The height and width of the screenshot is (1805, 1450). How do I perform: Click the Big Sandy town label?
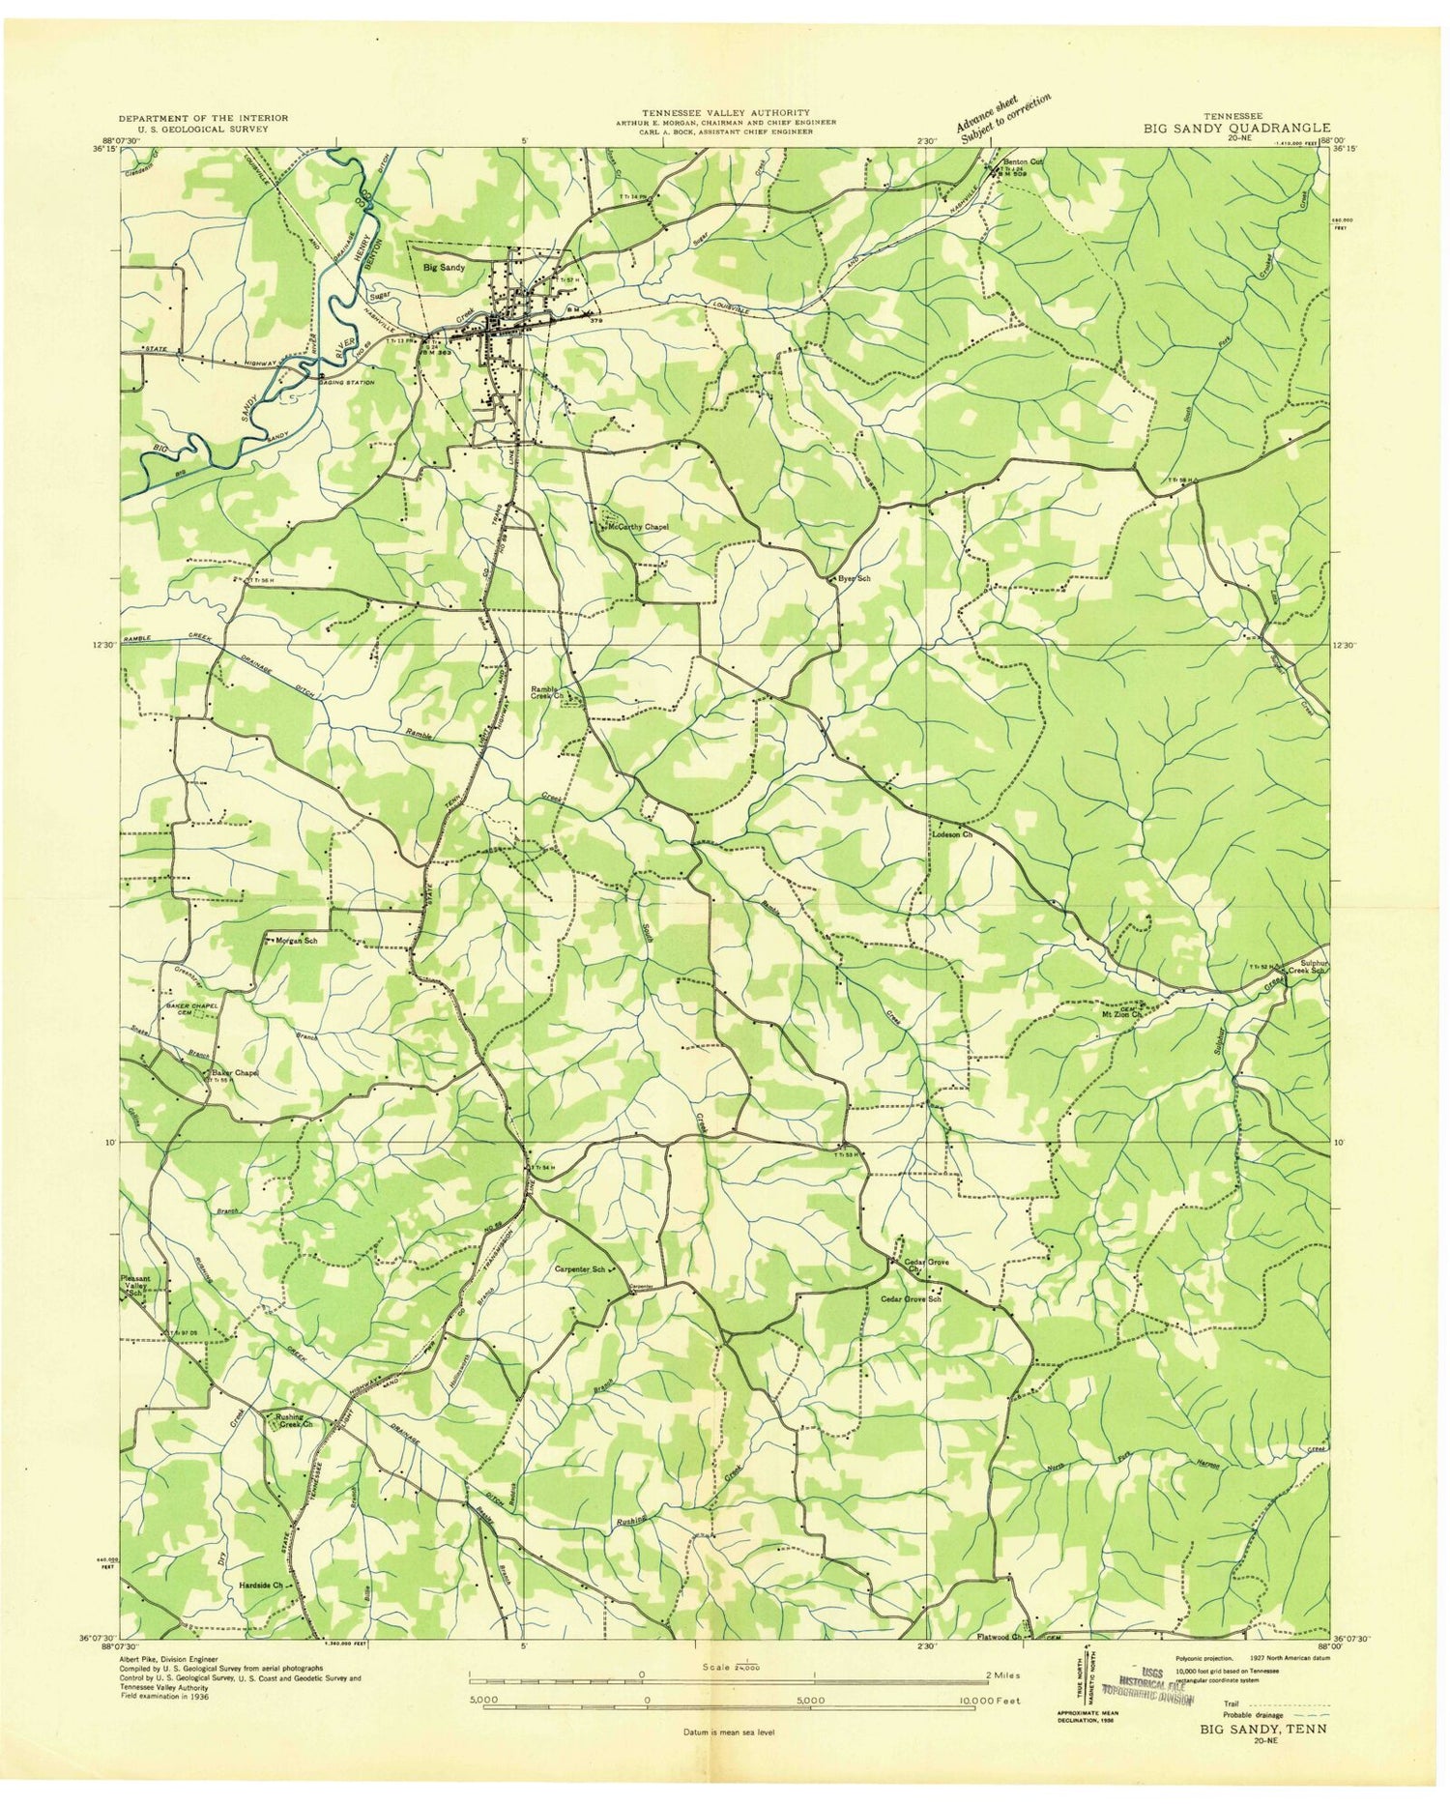[445, 266]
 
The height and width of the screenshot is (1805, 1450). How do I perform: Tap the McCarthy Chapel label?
[637, 527]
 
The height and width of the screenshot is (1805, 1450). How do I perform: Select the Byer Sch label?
[854, 578]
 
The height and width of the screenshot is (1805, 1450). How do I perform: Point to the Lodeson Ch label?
[951, 833]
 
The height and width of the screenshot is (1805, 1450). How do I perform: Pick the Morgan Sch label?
[298, 940]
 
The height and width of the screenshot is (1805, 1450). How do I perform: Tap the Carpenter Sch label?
[580, 1269]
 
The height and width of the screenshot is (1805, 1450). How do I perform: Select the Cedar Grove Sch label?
[910, 1298]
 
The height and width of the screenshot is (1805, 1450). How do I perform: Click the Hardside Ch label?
[261, 1586]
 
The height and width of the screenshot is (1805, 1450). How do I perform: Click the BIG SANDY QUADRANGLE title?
[1236, 127]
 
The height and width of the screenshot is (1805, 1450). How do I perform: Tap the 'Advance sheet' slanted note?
[1000, 118]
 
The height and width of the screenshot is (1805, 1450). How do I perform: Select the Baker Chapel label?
[232, 1073]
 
